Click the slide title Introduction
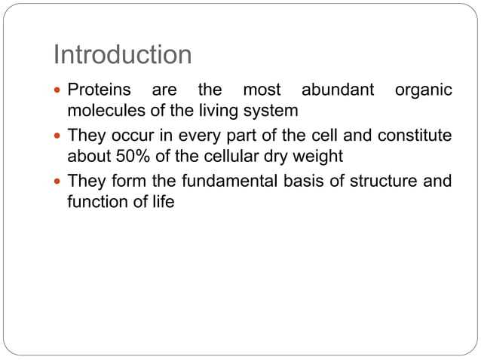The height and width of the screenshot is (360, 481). click(122, 55)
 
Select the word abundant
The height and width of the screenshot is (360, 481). click(338, 90)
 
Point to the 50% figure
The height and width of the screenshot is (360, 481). click(130, 157)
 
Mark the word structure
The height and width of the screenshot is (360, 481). click(390, 182)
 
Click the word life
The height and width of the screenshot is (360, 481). click(164, 202)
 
